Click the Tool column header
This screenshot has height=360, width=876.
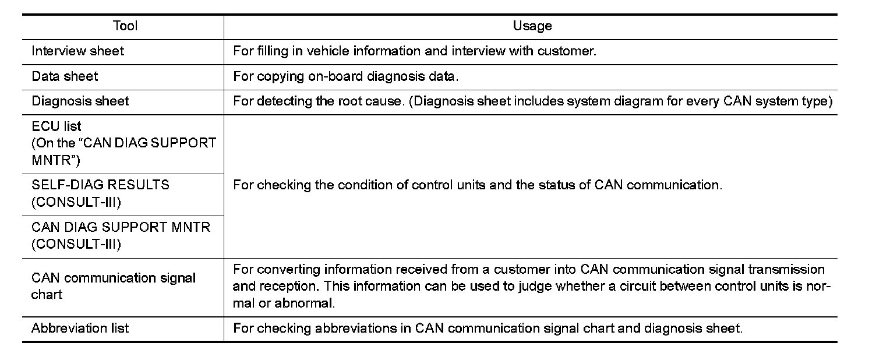125,26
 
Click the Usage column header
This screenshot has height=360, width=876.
532,26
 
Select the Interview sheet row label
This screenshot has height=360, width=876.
77,51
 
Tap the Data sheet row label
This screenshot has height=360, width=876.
65,76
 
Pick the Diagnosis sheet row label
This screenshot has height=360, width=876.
80,101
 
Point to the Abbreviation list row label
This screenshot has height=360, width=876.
80,329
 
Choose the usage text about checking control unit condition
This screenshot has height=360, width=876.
477,185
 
